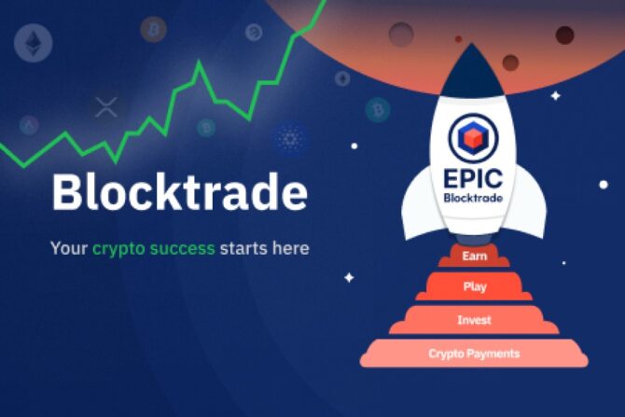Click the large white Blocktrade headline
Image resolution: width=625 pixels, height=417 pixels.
pos(179,191)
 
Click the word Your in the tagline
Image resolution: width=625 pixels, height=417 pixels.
pos(69,249)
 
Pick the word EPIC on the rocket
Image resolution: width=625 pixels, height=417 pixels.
pos(473,176)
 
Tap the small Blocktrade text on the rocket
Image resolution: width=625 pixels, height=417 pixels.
pos(473,198)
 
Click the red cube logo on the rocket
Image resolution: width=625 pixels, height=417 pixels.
pos(473,138)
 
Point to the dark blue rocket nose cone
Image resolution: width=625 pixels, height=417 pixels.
pos(473,70)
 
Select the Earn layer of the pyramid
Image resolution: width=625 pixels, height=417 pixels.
pos(474,255)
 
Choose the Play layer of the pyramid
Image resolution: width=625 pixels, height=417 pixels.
pos(474,286)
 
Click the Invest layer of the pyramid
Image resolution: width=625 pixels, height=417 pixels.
pos(474,320)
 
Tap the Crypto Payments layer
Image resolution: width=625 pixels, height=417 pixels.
pos(474,354)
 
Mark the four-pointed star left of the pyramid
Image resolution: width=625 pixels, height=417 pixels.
pos(349,276)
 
